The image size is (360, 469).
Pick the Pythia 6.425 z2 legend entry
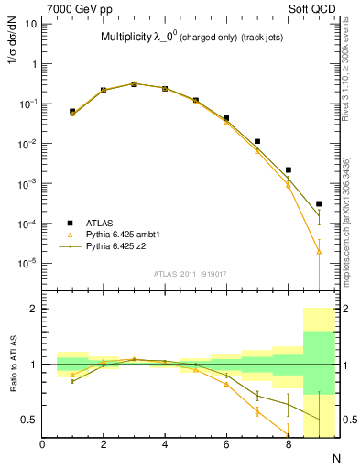pos(120,247)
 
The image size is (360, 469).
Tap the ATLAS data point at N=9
pos(319,203)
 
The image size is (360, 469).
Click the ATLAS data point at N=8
pos(288,169)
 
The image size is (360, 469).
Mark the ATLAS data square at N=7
pos(257,142)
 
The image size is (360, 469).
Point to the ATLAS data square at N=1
pos(72,111)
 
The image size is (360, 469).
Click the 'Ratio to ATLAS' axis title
pos(12,366)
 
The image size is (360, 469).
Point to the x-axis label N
pos(335,456)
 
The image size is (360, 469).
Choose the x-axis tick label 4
pos(165,444)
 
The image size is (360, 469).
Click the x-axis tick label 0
pos(42,444)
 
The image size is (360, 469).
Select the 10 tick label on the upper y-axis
pos(30,24)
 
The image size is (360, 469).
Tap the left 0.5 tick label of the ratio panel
pos(30,420)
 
